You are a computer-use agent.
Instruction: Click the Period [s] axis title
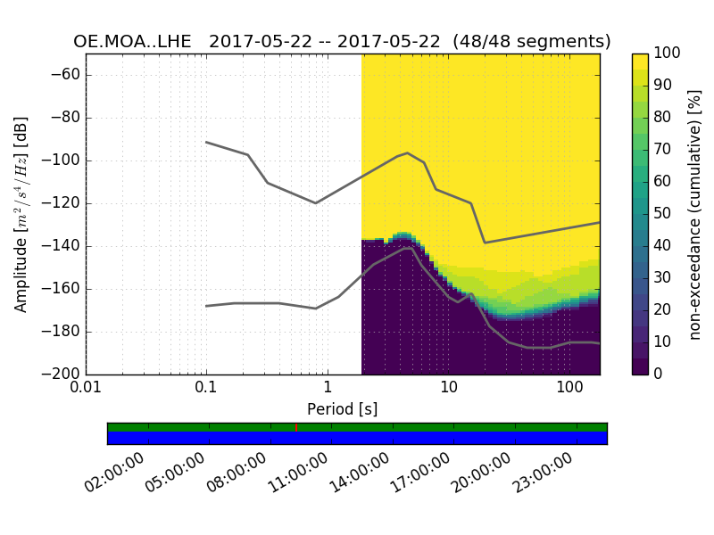pyautogui.click(x=343, y=409)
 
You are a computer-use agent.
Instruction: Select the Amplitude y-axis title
pyautogui.click(x=21, y=214)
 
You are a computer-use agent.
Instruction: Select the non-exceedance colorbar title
pyautogui.click(x=695, y=214)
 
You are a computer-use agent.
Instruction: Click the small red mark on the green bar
pyautogui.click(x=296, y=427)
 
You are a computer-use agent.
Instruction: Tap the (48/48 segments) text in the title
pyautogui.click(x=532, y=42)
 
